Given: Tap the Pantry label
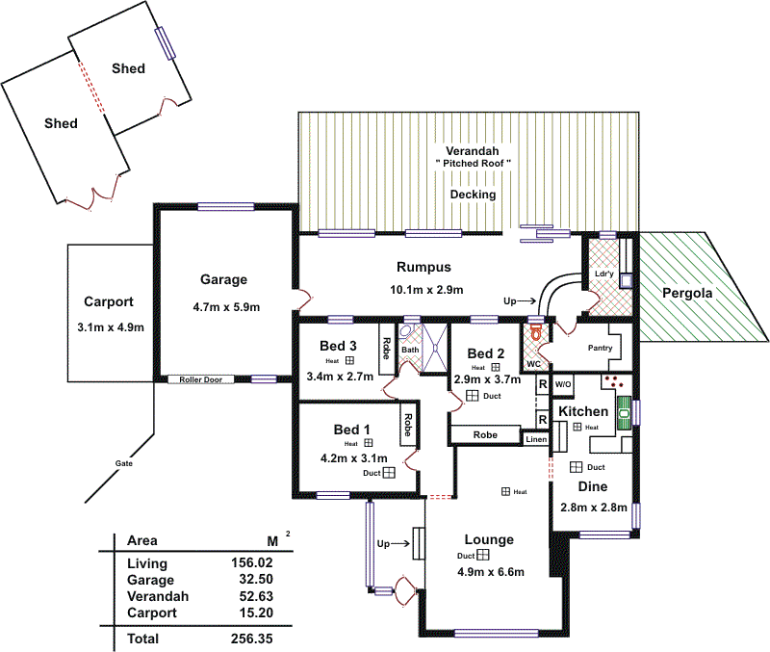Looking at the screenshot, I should pyautogui.click(x=600, y=348).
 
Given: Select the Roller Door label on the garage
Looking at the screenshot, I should pyautogui.click(x=200, y=379).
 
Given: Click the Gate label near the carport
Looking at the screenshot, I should pyautogui.click(x=124, y=463).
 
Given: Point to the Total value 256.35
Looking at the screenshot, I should pyautogui.click(x=251, y=638).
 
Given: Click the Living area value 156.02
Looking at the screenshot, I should pyautogui.click(x=251, y=563).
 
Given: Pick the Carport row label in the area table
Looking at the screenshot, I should pyautogui.click(x=150, y=613).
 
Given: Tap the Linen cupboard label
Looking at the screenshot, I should pyautogui.click(x=536, y=439).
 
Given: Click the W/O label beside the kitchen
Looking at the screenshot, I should pyautogui.click(x=563, y=383).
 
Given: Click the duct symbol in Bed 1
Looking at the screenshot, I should pyautogui.click(x=389, y=473).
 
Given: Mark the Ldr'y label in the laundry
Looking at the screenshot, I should pyautogui.click(x=604, y=274).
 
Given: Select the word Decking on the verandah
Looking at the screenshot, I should pyautogui.click(x=473, y=195).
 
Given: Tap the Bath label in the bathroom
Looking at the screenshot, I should pyautogui.click(x=410, y=350).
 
